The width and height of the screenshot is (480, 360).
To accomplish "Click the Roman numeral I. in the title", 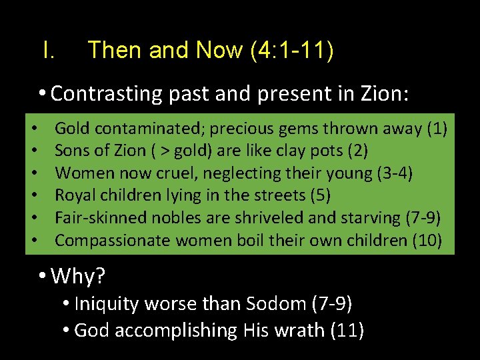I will [48, 50].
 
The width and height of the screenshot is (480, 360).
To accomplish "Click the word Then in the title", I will [113, 50].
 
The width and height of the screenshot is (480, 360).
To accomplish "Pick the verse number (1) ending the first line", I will [438, 128].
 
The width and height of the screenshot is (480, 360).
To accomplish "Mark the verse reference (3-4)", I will [395, 173].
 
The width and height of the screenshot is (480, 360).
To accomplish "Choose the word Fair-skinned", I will [93, 218].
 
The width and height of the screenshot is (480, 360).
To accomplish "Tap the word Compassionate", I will [110, 240].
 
